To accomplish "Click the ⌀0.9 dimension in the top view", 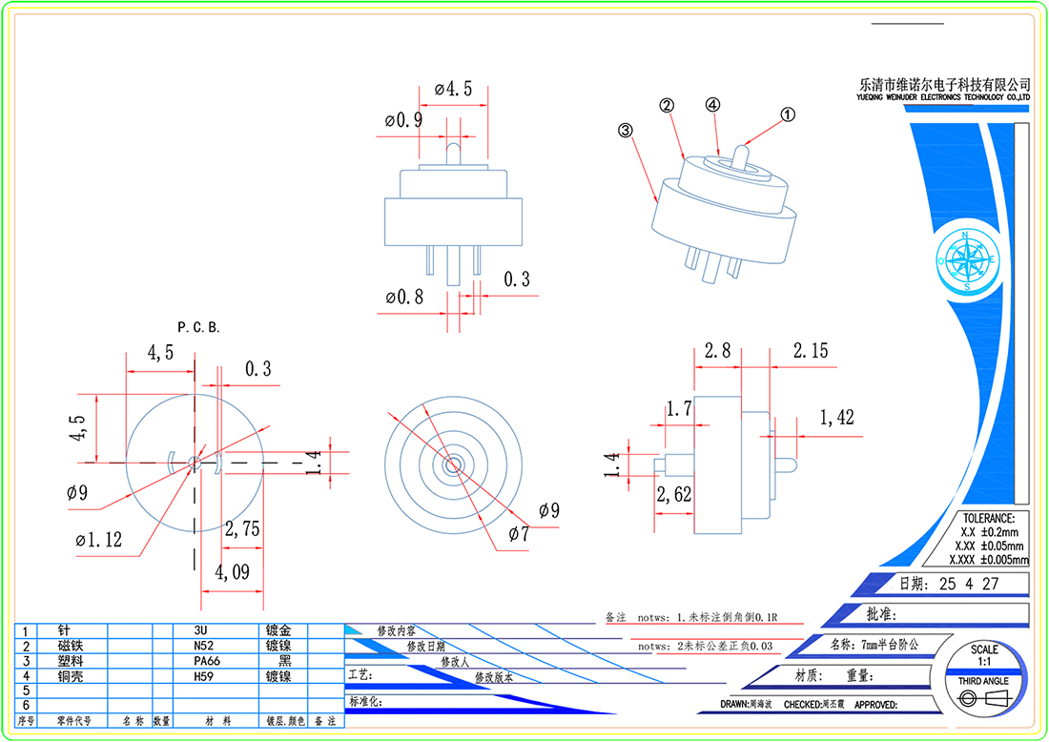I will point(403,121).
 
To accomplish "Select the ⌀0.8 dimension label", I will point(404,298).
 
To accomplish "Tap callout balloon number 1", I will point(788,114).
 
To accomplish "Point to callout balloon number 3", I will point(626,132).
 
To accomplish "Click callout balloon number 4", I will point(712,105).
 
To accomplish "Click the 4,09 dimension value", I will point(233,573).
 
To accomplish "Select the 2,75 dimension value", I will point(242,530).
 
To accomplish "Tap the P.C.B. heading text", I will point(198,327).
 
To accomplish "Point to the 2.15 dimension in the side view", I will point(811,352).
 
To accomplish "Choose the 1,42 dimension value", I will point(837,418).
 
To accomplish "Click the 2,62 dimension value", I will point(675,493).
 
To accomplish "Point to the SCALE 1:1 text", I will point(985,655).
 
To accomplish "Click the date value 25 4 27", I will point(970,585).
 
